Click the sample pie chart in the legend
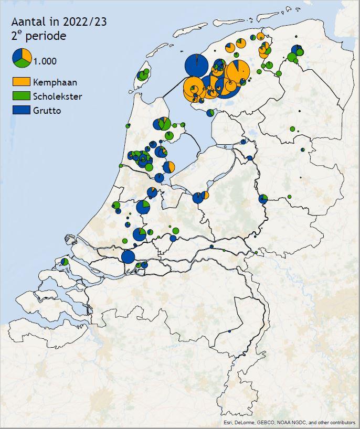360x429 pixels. (22, 57)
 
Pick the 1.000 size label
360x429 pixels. (45, 61)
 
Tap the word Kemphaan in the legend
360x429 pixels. (55, 82)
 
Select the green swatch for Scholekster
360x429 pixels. (21, 96)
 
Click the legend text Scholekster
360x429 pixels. (57, 96)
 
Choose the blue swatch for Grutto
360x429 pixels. (21, 110)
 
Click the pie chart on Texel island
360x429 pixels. (142, 76)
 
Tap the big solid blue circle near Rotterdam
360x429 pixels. (128, 256)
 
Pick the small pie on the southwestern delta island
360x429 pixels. (64, 261)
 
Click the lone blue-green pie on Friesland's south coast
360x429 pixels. (210, 112)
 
